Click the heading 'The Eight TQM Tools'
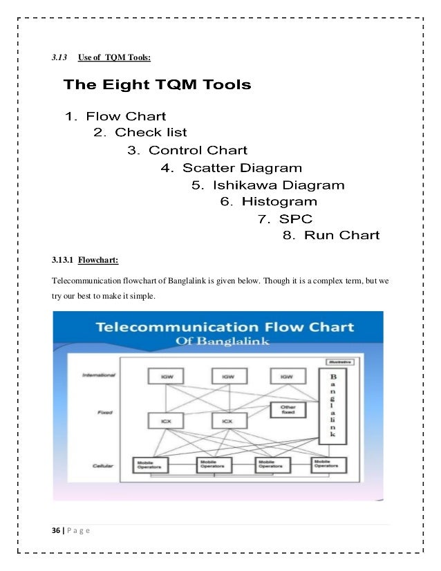[x=157, y=86]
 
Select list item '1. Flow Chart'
[x=115, y=116]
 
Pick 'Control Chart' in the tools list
[x=187, y=150]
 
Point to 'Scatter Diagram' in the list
[x=231, y=168]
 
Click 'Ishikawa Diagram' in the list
[x=268, y=185]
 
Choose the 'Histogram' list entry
[x=268, y=202]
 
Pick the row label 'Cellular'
[x=102, y=465]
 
